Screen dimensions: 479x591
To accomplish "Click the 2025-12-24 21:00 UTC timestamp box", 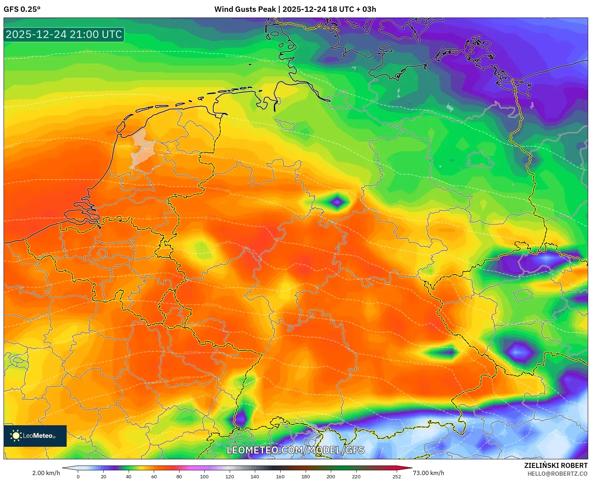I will (64, 34).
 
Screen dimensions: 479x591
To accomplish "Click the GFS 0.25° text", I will (22, 9).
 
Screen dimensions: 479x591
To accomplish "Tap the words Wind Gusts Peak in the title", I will (245, 9).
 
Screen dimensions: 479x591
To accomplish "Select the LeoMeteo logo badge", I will (35, 436).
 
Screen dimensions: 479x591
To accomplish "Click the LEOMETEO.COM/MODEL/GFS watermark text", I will (295, 450).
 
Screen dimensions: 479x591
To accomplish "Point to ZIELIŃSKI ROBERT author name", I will (556, 465).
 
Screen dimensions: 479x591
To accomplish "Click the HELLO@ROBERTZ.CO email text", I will (557, 474).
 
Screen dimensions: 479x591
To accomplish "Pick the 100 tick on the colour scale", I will (204, 476).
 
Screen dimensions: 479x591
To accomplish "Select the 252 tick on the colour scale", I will (396, 476).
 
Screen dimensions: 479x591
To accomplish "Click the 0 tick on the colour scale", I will (78, 476).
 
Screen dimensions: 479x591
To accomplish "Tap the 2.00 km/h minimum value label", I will (46, 473).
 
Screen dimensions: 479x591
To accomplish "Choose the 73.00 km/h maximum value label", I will (428, 473).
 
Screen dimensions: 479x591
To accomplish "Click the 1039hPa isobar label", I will (233, 56).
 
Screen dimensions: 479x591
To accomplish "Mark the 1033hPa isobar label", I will (223, 190).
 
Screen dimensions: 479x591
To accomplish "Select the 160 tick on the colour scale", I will (280, 476).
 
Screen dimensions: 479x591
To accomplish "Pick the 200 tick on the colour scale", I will (330, 476).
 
